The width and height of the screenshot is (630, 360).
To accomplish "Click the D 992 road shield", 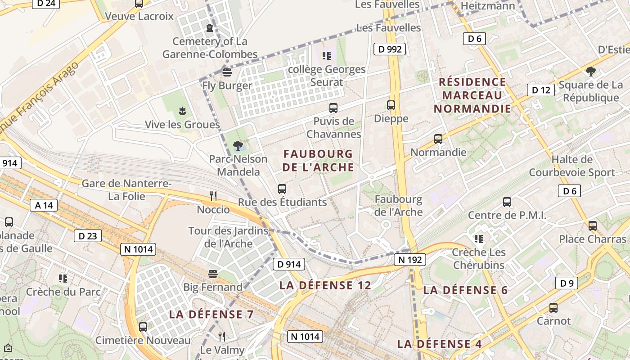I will pyautogui.click(x=390, y=49).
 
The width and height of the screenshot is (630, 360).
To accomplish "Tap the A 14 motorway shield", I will pyautogui.click(x=44, y=206).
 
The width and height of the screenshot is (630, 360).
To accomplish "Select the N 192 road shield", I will pyautogui.click(x=409, y=260).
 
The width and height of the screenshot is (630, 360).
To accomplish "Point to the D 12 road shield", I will pyautogui.click(x=541, y=90).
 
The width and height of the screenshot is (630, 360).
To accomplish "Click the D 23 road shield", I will pyautogui.click(x=88, y=236).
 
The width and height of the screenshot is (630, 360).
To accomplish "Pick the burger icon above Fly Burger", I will pyautogui.click(x=227, y=72).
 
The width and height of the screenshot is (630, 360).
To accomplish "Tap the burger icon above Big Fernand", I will pyautogui.click(x=212, y=274).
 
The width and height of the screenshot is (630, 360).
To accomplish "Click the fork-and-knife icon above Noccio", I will pyautogui.click(x=213, y=196).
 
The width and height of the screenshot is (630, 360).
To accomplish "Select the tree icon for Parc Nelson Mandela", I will pyautogui.click(x=238, y=146).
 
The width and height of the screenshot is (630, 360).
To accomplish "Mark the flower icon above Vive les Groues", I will pyautogui.click(x=182, y=111).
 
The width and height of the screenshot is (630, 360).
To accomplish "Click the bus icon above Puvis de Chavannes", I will pyautogui.click(x=333, y=108).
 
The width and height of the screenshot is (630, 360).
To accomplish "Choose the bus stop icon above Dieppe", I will pyautogui.click(x=391, y=105).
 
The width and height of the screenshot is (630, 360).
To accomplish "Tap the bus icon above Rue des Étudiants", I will pyautogui.click(x=282, y=189).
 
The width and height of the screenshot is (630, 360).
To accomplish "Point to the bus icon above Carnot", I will pyautogui.click(x=553, y=308).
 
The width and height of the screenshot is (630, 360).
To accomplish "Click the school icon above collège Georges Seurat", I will pyautogui.click(x=327, y=56).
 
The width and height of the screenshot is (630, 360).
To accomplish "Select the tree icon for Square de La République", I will pyautogui.click(x=591, y=72).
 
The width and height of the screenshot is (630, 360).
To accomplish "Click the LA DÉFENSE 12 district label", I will pyautogui.click(x=325, y=285).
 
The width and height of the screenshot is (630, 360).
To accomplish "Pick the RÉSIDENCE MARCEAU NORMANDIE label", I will pyautogui.click(x=472, y=95).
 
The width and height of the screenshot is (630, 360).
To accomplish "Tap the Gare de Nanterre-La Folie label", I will pyautogui.click(x=126, y=190).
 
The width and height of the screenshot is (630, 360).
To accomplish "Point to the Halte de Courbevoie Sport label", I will pyautogui.click(x=572, y=166).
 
